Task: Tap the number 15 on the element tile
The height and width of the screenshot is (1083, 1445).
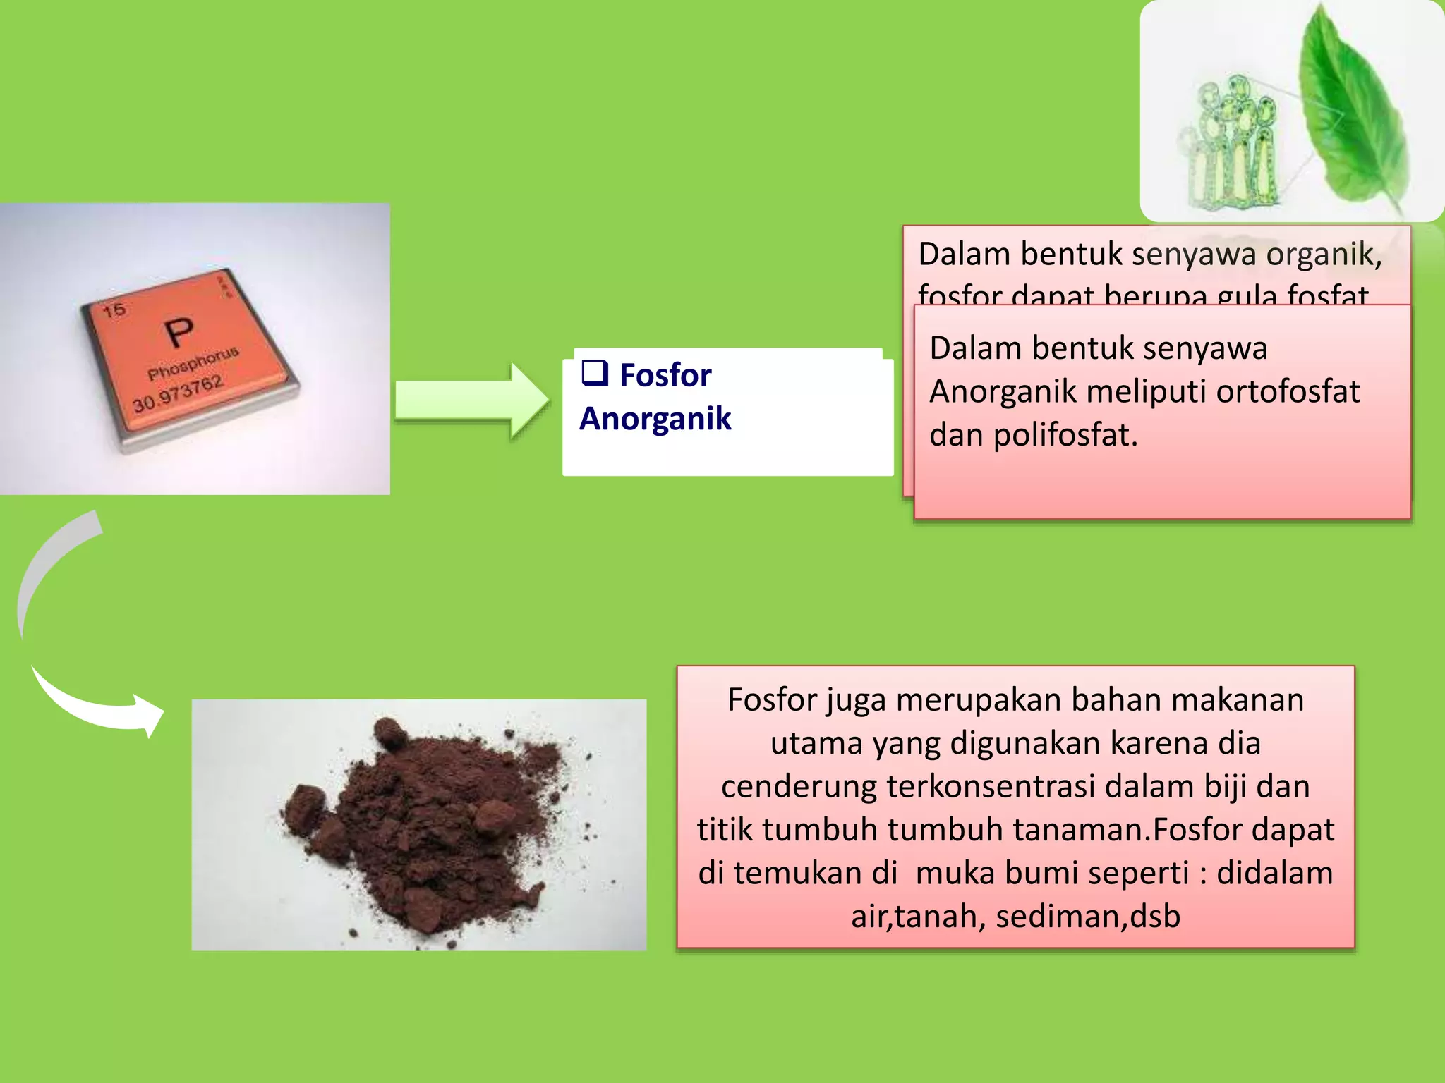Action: click(114, 310)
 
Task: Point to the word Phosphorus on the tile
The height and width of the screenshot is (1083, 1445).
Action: click(193, 362)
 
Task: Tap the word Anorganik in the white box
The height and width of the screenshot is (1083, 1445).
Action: click(655, 419)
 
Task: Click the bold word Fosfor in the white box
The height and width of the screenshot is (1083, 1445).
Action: click(665, 375)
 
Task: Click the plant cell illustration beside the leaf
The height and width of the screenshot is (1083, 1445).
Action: click(1231, 141)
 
